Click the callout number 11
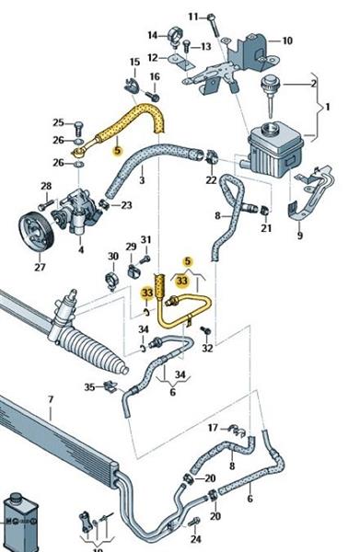193,17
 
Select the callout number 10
287,40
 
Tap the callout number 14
153,35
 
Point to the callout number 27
40,267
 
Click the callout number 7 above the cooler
51,399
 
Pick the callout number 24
196,538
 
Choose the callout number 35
89,387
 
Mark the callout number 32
207,348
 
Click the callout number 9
300,236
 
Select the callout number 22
211,180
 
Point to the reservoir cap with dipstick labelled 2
270,96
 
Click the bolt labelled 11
213,25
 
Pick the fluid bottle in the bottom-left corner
19,522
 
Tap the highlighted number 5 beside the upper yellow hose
117,150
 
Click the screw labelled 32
205,330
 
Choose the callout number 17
213,428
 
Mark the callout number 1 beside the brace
328,107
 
